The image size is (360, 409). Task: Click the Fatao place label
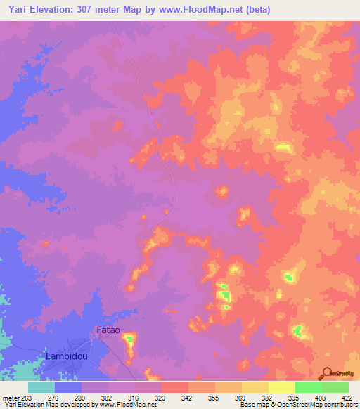point(108,330)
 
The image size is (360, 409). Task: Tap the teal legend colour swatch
point(41,387)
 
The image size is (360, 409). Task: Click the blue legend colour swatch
point(68,387)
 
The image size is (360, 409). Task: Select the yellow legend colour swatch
point(282,387)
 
